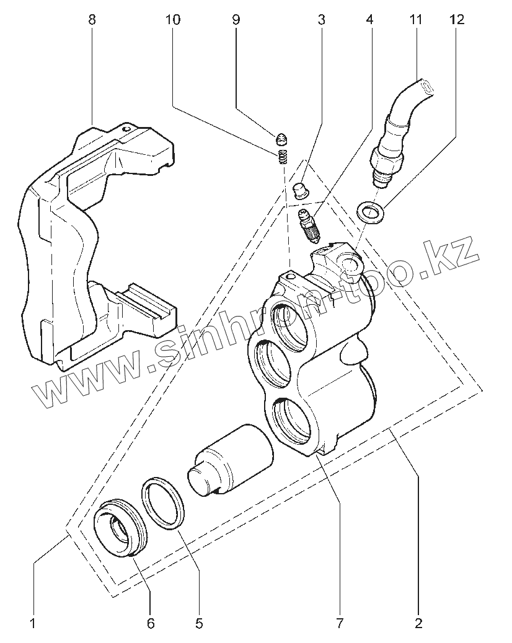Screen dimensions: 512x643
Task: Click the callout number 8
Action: (92, 19)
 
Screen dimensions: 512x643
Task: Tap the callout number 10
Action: (173, 19)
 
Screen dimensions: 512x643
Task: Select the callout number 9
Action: (236, 19)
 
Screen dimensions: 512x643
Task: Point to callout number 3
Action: (321, 19)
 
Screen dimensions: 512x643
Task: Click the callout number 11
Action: (415, 19)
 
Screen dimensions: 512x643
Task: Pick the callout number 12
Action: (456, 19)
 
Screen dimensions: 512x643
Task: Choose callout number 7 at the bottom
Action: (339, 623)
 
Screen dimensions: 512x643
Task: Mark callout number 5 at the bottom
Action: (199, 623)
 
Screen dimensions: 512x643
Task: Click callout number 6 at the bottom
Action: (151, 623)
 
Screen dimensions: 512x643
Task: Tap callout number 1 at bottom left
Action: (33, 623)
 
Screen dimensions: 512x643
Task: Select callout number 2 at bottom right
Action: (418, 623)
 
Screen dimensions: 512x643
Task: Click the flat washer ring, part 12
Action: (370, 212)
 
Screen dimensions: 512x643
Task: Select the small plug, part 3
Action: (301, 189)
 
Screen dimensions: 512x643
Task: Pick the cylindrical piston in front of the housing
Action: (232, 458)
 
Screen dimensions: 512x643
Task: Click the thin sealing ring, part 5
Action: (163, 504)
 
